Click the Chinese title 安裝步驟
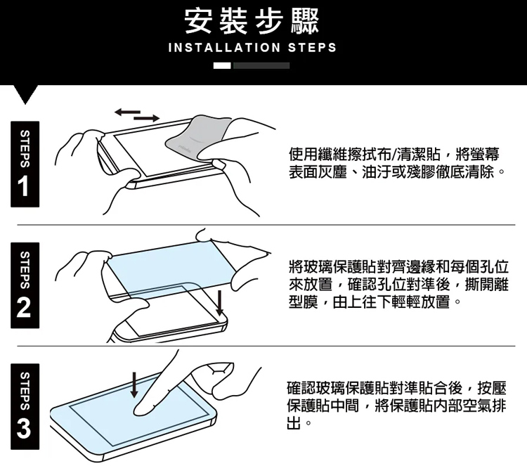(x=252, y=21)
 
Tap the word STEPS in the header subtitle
(x=312, y=48)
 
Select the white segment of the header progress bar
(x=222, y=65)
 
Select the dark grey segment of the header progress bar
(x=261, y=65)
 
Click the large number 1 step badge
(x=25, y=164)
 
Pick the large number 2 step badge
(x=25, y=285)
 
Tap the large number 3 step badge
(x=25, y=406)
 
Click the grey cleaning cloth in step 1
(x=198, y=137)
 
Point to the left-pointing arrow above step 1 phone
(x=127, y=112)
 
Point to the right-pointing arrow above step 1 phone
(x=147, y=118)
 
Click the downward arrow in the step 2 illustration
(x=219, y=303)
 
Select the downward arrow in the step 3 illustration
(x=134, y=384)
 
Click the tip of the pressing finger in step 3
(x=138, y=411)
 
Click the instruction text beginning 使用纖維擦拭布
(x=396, y=164)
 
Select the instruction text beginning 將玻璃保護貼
(x=398, y=285)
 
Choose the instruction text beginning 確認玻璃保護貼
(x=396, y=406)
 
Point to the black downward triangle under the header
(x=25, y=94)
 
